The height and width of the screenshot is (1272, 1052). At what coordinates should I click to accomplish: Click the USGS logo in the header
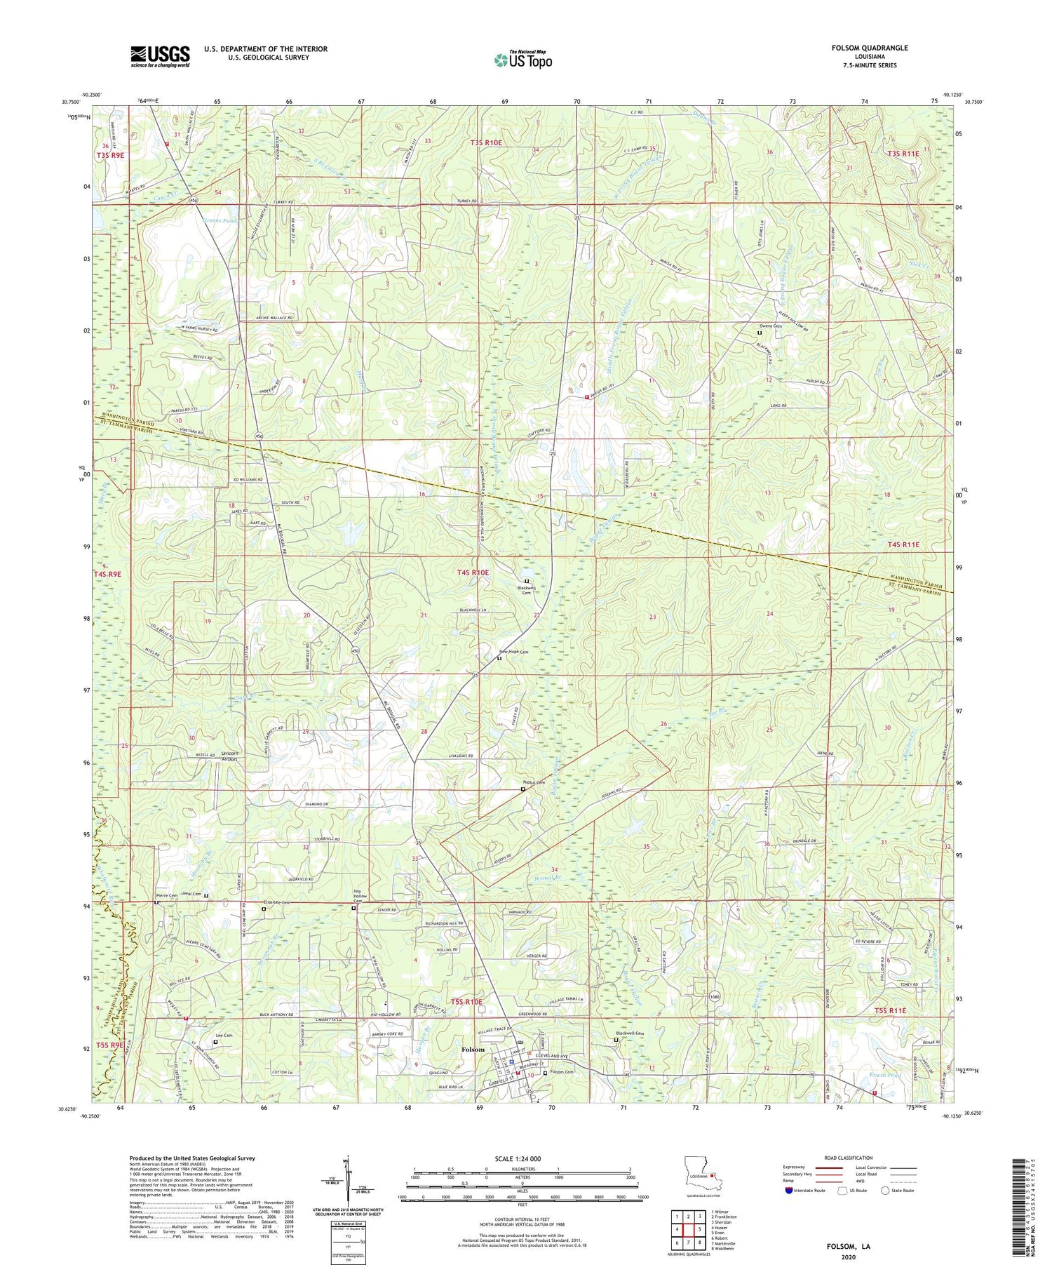160,57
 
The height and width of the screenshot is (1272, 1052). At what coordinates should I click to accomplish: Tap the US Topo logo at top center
522,60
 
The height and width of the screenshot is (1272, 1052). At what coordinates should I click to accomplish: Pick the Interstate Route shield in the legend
788,1191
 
